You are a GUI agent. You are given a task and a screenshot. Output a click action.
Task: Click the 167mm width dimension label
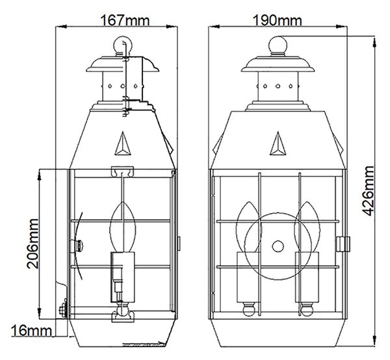125,20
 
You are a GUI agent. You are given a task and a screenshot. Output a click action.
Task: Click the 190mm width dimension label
277,20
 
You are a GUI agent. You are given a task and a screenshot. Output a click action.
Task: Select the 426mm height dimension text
368,190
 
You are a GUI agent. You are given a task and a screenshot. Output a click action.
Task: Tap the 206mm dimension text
33,244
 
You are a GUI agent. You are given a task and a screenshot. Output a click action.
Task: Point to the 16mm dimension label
32,331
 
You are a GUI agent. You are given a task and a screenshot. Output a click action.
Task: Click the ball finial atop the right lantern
278,45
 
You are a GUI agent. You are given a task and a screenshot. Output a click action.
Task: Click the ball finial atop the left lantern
123,45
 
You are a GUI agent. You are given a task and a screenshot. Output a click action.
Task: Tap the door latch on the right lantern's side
343,244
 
